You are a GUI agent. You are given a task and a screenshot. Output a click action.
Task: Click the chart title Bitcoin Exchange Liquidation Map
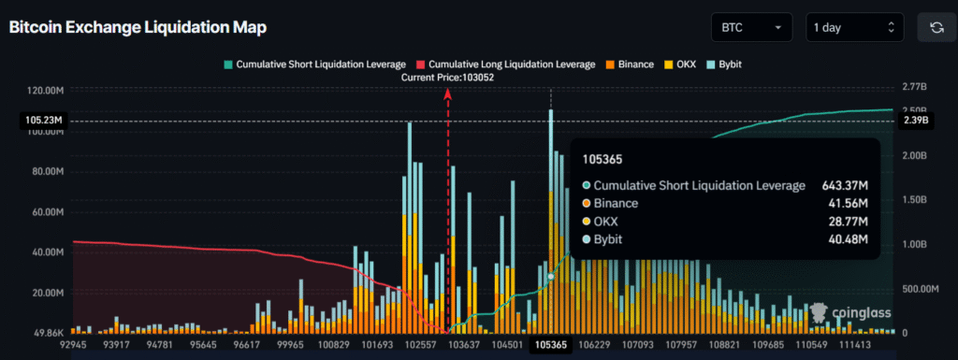(138, 28)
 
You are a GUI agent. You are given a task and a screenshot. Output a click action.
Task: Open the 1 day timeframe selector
(854, 28)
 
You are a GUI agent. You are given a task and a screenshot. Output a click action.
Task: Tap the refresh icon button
(936, 28)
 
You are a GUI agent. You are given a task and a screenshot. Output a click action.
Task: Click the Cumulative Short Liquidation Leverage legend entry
(314, 65)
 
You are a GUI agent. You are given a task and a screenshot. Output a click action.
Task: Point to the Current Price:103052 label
(447, 78)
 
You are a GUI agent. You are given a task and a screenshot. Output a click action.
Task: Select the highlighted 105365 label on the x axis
(550, 345)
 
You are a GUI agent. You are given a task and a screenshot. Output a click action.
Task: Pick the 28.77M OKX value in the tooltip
(846, 221)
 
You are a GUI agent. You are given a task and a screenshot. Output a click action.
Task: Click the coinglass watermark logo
(849, 314)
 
